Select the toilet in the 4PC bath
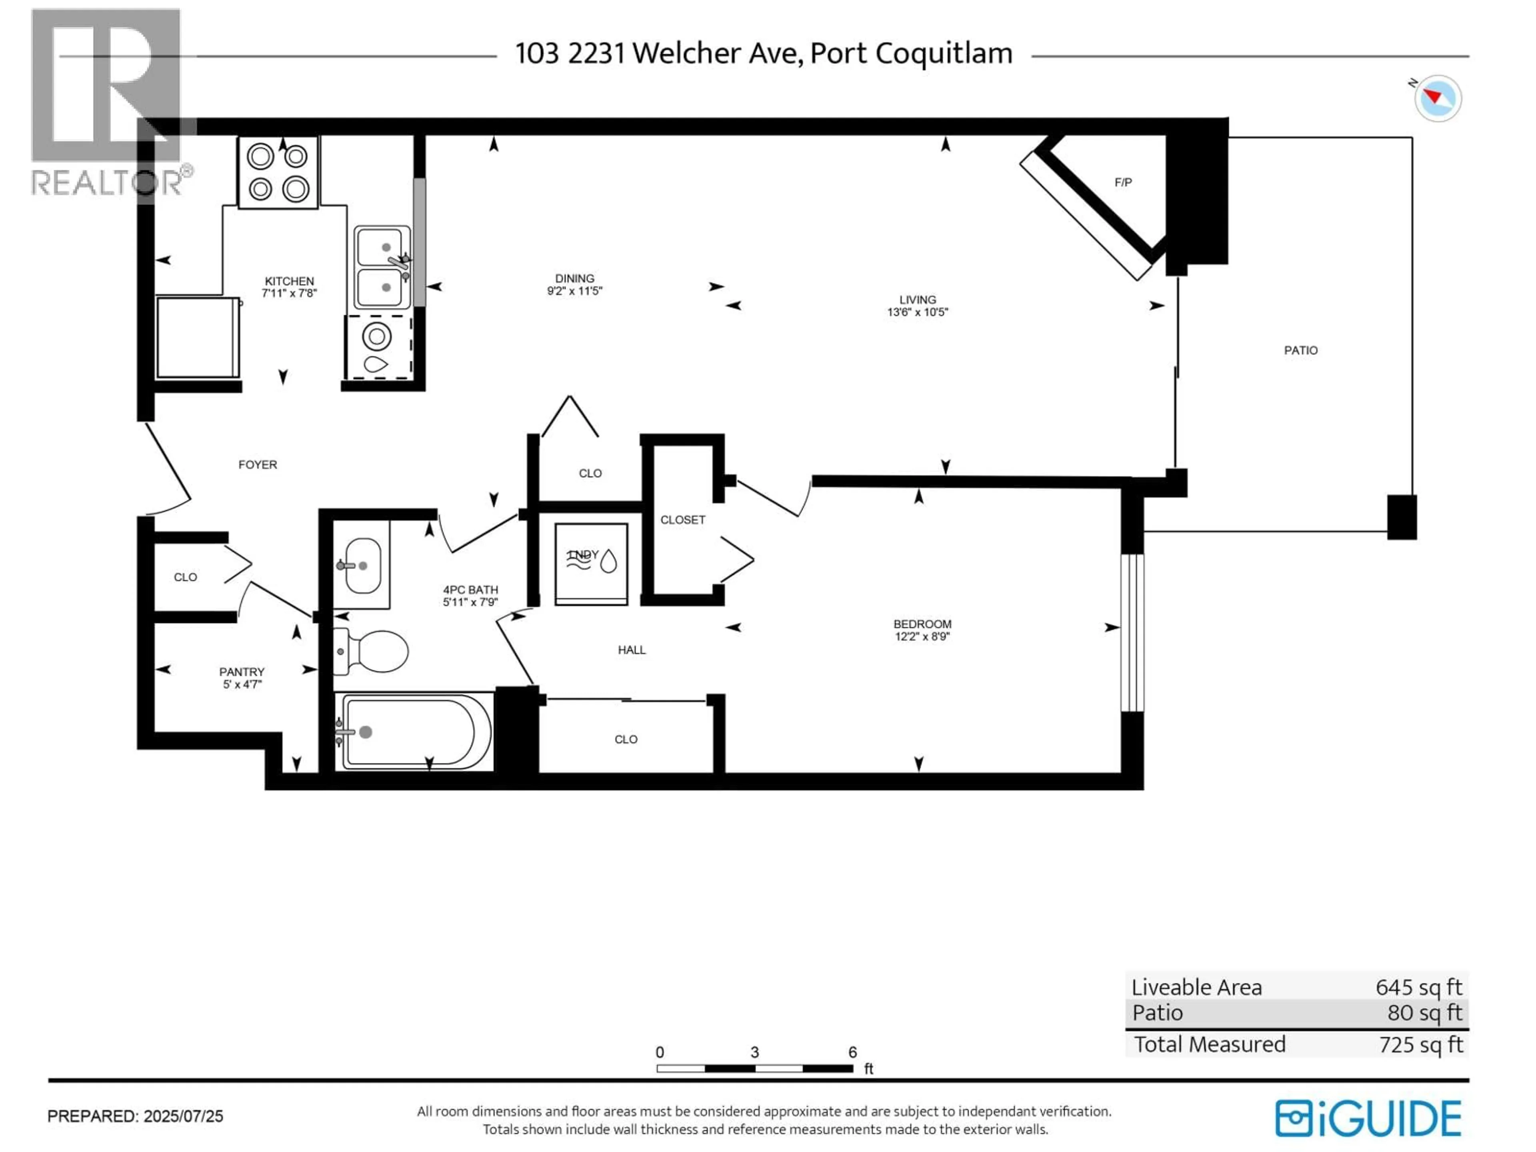coord(372,651)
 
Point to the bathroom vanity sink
coord(362,565)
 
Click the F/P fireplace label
coord(1123,183)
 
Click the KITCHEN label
coord(289,281)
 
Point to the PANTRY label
coord(242,672)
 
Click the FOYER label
coord(258,464)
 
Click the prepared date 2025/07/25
coord(183,1116)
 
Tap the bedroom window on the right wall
coord(1132,632)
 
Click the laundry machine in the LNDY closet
coord(591,563)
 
